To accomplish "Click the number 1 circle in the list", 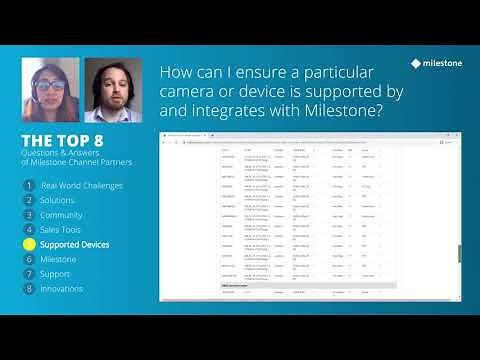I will click(29, 186).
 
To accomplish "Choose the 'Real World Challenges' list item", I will click(82, 186).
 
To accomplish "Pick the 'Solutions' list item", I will click(57, 200).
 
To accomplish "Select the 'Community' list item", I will click(61, 215).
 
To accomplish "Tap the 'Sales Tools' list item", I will click(62, 230).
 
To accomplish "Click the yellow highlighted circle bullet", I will click(29, 244).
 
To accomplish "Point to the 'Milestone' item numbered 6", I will click(58, 259).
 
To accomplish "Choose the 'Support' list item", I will click(55, 273).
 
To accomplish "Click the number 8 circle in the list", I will click(29, 288).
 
